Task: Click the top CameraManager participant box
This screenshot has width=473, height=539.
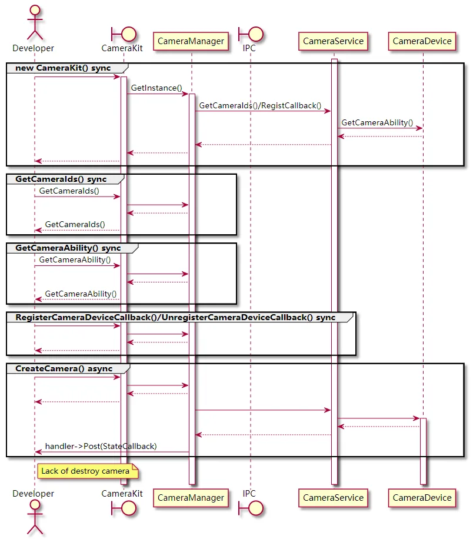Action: coord(191,41)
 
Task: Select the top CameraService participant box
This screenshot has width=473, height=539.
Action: coord(333,41)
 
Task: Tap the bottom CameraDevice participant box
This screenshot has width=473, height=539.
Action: coord(422,498)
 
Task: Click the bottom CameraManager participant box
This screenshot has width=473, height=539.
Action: coord(191,498)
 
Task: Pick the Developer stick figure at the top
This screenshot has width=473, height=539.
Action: coord(35,22)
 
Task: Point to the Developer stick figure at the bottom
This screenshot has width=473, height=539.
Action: coord(35,517)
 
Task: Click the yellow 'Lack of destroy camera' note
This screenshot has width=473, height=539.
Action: coord(88,471)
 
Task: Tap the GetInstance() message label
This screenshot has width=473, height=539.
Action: coord(156,88)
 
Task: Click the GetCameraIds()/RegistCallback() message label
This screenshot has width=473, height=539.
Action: coord(260,105)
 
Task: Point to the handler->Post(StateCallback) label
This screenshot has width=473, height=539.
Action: coord(101,446)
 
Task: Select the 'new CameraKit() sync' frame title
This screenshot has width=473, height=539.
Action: coord(63,68)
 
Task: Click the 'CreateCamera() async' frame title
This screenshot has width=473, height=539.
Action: coord(64,368)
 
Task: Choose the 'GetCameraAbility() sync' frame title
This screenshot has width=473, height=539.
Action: coord(68,248)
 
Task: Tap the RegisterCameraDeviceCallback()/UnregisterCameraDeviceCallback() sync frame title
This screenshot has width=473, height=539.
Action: coord(175,317)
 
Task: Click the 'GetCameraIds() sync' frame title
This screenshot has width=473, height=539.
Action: coord(61,179)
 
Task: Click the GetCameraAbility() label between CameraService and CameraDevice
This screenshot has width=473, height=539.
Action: coord(377,123)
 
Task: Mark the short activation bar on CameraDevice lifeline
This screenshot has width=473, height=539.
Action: coord(423,451)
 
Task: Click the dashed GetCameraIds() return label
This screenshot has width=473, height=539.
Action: coord(75,224)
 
